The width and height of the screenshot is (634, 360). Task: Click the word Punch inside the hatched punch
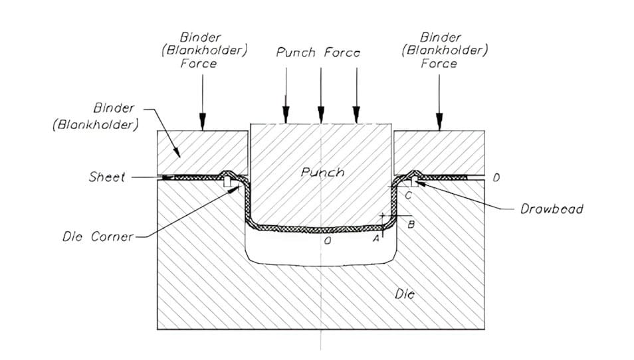pos(322,172)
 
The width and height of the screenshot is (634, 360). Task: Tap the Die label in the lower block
pos(405,294)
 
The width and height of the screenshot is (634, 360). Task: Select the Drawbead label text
pos(551,209)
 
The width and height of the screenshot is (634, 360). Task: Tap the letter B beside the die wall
pos(411,225)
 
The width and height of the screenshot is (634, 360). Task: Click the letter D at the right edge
pos(496,177)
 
